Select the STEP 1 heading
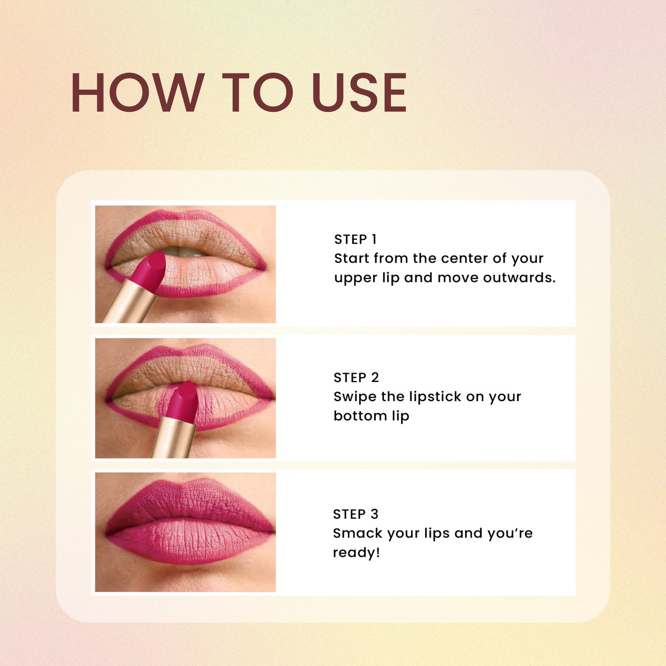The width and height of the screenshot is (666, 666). coord(355,239)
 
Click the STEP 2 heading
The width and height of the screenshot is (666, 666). coord(356,377)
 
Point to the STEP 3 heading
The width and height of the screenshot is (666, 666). coord(356,514)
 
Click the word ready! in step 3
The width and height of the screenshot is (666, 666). coord(356,553)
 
